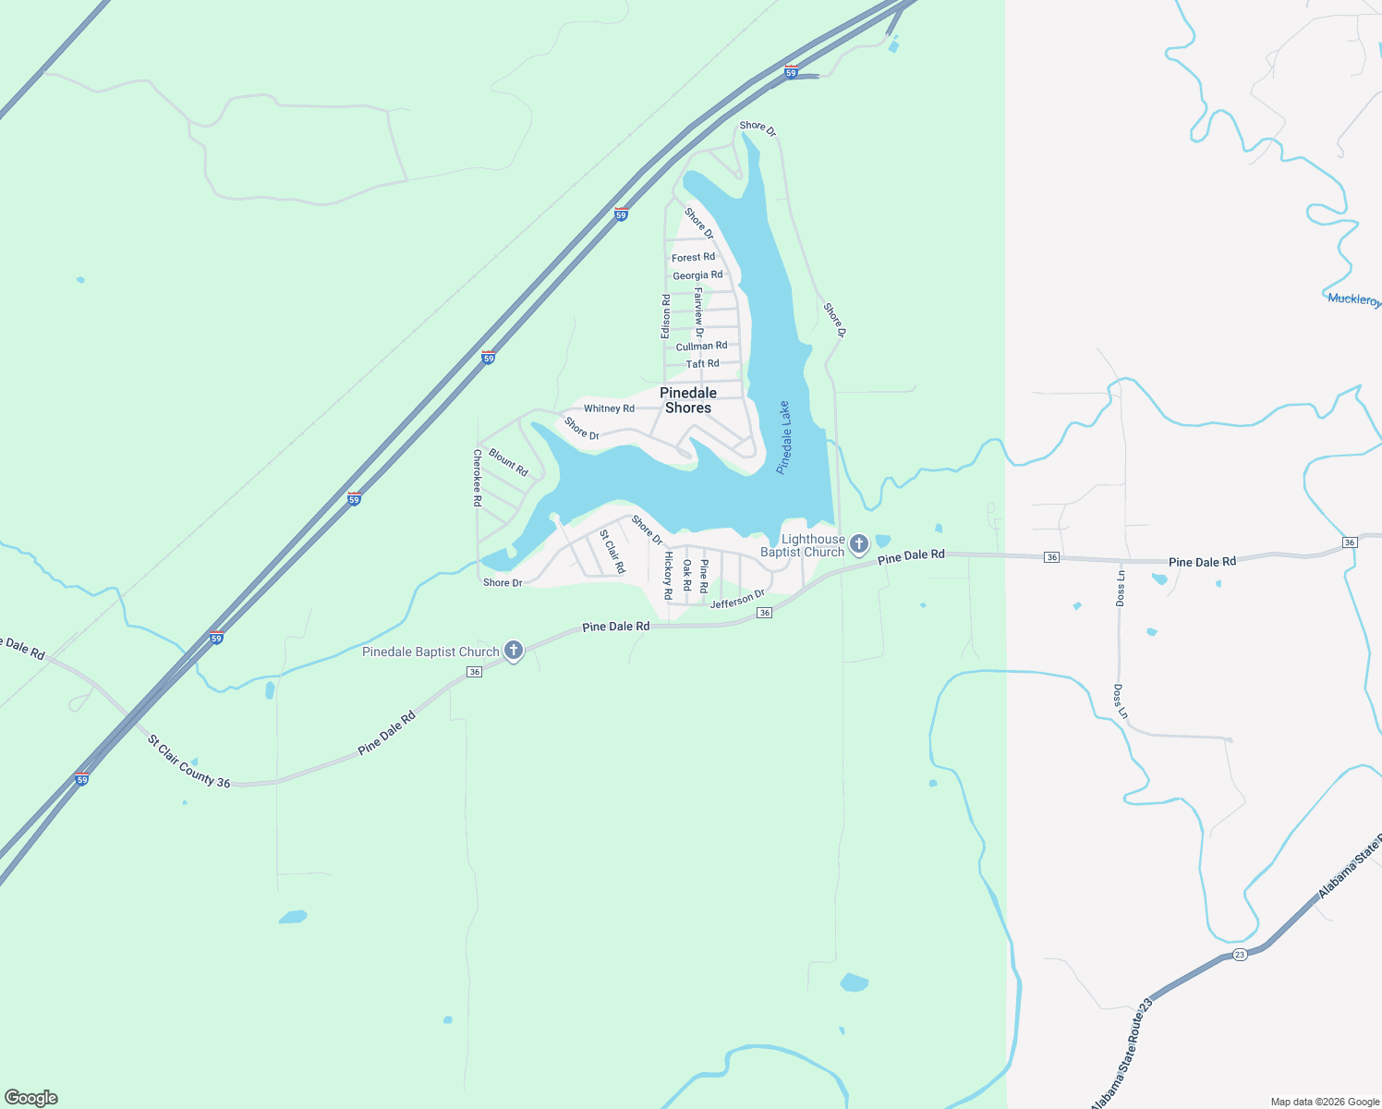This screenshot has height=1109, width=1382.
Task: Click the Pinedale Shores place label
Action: tap(688, 400)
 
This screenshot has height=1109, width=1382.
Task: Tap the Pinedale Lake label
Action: tap(783, 437)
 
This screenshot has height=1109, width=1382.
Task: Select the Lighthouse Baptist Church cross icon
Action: tap(859, 544)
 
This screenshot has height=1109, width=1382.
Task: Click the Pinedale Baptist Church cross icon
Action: tap(514, 651)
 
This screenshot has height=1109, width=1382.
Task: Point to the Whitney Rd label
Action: tap(609, 408)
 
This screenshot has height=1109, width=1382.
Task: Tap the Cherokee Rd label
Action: tap(478, 478)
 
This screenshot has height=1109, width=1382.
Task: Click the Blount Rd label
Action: tap(508, 462)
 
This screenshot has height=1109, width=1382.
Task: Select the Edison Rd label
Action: tap(666, 316)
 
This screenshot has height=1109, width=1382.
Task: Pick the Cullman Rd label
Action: tap(701, 347)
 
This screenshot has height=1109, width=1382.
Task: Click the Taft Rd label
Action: tap(702, 364)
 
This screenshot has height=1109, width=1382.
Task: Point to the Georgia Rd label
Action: tap(697, 275)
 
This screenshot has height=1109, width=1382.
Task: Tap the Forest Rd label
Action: tap(693, 258)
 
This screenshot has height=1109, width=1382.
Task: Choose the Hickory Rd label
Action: tap(668, 575)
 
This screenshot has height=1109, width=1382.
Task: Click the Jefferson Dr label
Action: tap(737, 599)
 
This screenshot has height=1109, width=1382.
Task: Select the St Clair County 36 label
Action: tap(189, 762)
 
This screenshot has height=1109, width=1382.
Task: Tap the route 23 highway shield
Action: tap(1240, 955)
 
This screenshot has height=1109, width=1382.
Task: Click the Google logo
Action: tap(31, 1098)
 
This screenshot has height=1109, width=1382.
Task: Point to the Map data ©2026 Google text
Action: tap(1325, 1102)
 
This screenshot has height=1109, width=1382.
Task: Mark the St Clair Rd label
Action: tap(612, 552)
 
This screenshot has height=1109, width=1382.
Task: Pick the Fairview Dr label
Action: tap(699, 312)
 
